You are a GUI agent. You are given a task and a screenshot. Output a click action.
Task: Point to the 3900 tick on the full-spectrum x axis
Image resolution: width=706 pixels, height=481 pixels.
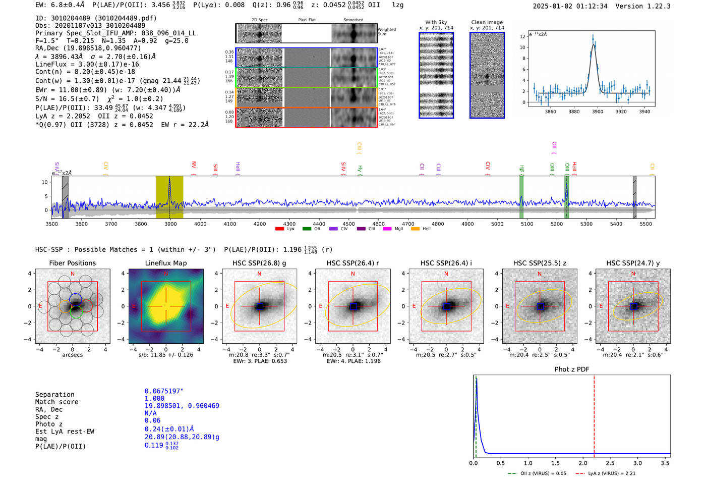pyautogui.click(x=170, y=224)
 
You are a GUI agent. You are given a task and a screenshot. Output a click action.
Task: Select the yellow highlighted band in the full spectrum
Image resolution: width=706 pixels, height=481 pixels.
pyautogui.click(x=169, y=197)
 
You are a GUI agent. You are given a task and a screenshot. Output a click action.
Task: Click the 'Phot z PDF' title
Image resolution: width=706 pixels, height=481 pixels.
pyautogui.click(x=572, y=369)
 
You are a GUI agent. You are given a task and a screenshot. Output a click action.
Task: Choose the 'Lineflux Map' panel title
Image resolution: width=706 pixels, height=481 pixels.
pyautogui.click(x=166, y=263)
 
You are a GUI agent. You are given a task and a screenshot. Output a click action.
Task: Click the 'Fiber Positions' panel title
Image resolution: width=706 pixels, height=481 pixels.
pyautogui.click(x=73, y=263)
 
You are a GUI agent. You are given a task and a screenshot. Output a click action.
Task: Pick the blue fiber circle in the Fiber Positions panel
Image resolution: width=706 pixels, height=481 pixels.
pyautogui.click(x=76, y=298)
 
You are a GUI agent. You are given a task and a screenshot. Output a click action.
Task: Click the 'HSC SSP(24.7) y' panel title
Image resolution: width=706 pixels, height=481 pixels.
pyautogui.click(x=633, y=263)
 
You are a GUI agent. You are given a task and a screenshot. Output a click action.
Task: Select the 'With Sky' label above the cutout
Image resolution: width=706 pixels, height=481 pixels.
pyautogui.click(x=436, y=22)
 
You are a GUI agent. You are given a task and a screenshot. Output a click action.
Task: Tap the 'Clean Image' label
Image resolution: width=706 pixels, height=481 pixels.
pyautogui.click(x=487, y=22)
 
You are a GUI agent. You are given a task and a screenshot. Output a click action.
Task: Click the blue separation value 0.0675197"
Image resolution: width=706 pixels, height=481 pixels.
pyautogui.click(x=164, y=391)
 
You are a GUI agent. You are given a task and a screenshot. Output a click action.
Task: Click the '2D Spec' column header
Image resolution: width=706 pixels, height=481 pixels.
pyautogui.click(x=260, y=20)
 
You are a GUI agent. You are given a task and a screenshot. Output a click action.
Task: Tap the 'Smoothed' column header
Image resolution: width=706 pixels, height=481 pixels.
pyautogui.click(x=353, y=20)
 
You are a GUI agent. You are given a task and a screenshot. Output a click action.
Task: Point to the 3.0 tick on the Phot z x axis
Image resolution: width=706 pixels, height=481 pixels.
pyautogui.click(x=638, y=463)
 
